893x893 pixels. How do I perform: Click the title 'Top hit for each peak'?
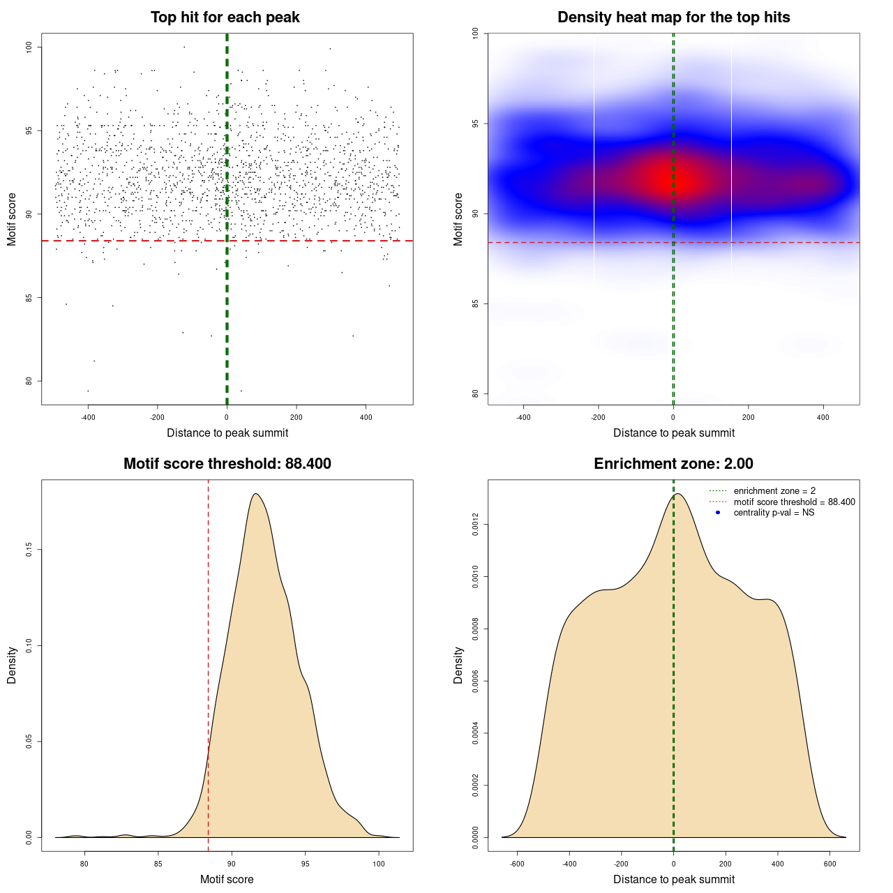(225, 17)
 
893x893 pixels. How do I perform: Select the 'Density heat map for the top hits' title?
(673, 17)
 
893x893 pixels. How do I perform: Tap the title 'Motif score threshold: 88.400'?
(227, 464)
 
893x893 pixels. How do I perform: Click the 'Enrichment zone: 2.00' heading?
(673, 464)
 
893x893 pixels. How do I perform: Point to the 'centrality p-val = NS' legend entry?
(774, 513)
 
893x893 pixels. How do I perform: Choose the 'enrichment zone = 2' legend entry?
(774, 491)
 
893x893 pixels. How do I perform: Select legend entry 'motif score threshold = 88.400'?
(794, 502)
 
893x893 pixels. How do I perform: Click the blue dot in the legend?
(718, 513)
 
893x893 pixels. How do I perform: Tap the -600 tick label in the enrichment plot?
(517, 864)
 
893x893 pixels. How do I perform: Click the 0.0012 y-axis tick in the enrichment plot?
(475, 525)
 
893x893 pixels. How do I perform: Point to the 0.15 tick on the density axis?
(29, 550)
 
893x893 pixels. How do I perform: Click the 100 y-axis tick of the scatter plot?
(29, 47)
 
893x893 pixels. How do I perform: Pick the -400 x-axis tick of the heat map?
(523, 417)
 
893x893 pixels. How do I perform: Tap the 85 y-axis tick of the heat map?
(475, 303)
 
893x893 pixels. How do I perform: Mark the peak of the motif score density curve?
(256, 494)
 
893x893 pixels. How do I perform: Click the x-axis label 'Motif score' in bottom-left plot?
(227, 879)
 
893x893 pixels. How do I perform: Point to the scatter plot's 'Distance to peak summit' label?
(227, 433)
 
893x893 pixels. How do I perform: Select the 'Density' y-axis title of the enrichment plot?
(458, 665)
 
